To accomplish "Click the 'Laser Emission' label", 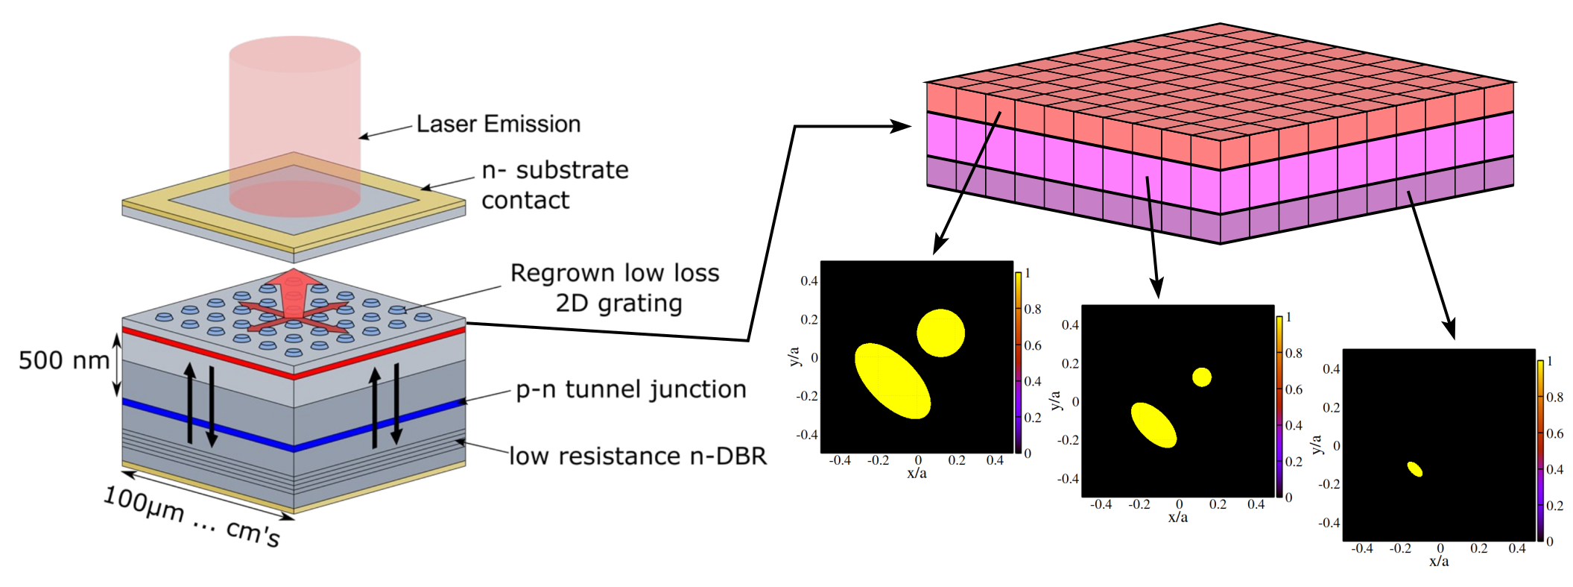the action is [498, 124].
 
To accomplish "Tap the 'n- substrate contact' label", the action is [555, 185].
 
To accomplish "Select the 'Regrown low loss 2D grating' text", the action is [615, 288].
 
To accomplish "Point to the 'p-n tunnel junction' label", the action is [630, 389].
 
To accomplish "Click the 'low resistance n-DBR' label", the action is [638, 456].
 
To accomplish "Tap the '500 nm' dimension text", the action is [64, 360].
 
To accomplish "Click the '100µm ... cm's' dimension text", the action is [192, 516].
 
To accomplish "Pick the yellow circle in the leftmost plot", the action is [940, 333].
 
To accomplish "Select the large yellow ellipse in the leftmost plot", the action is [892, 381].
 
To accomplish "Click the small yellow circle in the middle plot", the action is [1201, 377].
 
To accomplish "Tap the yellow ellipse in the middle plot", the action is [1153, 425].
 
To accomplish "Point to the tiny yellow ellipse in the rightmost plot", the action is [1414, 469].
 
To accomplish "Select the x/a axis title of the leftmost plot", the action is [917, 474].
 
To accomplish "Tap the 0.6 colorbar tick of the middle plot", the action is [1294, 389].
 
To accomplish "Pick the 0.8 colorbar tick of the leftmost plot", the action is [1032, 309].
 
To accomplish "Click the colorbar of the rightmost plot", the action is [1540, 451].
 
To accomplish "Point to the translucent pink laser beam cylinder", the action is [295, 127].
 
